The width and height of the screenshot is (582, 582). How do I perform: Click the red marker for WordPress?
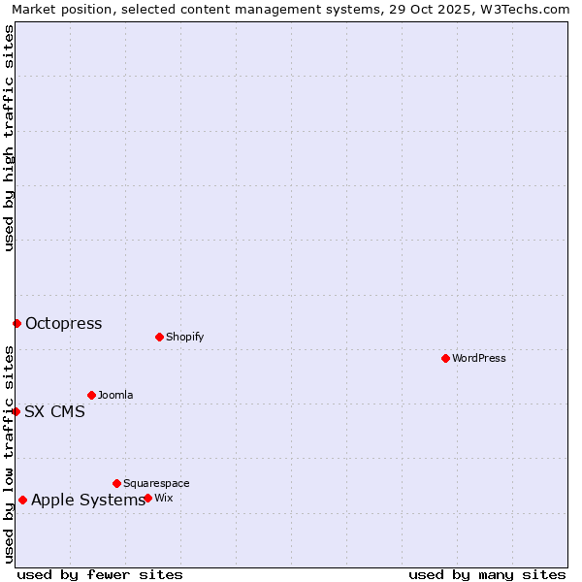445,358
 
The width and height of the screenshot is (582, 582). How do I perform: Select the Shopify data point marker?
159,337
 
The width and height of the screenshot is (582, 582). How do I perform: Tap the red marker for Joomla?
91,395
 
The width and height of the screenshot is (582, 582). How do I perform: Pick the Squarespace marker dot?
116,483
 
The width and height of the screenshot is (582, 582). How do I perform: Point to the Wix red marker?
147,498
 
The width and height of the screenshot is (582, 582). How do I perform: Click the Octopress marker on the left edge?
16,323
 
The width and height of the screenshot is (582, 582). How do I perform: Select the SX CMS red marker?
16,411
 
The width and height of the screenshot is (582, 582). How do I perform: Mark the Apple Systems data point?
22,500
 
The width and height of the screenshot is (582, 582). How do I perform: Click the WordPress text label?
479,358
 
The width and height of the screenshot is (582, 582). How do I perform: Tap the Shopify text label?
184,337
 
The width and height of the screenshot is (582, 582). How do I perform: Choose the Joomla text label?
115,395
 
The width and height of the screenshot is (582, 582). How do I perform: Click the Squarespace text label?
156,483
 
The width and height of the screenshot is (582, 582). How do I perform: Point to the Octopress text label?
63,323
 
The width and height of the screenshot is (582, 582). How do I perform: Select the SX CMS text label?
54,411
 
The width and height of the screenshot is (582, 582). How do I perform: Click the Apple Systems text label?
87,500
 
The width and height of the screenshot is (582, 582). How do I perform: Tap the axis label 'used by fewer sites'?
100,574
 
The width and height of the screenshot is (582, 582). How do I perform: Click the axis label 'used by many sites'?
487,574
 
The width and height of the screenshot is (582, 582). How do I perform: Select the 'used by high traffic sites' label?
9,138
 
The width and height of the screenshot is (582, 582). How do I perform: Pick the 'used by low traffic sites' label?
9,454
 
